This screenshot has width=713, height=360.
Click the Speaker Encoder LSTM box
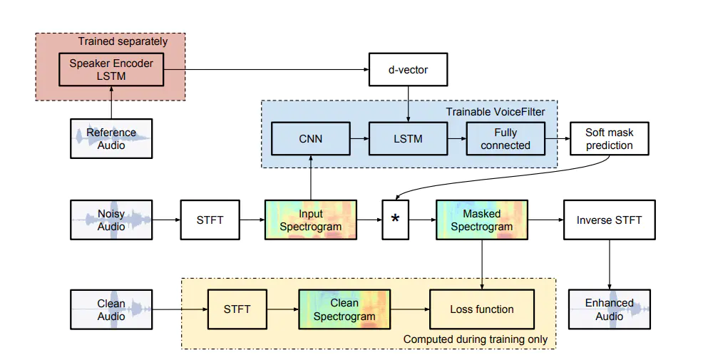111,69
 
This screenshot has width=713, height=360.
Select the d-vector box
408,70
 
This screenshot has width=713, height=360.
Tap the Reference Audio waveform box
111,138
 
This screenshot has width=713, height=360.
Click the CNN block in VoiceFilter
311,138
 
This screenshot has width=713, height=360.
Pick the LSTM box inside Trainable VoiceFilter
408,138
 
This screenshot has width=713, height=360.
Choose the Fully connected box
506,138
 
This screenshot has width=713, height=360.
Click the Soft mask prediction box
609,138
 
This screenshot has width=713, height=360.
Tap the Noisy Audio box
111,220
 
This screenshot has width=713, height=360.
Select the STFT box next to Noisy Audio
210,220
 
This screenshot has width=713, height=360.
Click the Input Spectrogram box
310,220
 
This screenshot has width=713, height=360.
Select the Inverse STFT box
609,220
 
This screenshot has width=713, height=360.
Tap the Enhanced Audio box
609,309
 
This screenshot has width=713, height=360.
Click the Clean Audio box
111,309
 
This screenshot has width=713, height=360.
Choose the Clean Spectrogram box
344,309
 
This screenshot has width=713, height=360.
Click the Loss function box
482,309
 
